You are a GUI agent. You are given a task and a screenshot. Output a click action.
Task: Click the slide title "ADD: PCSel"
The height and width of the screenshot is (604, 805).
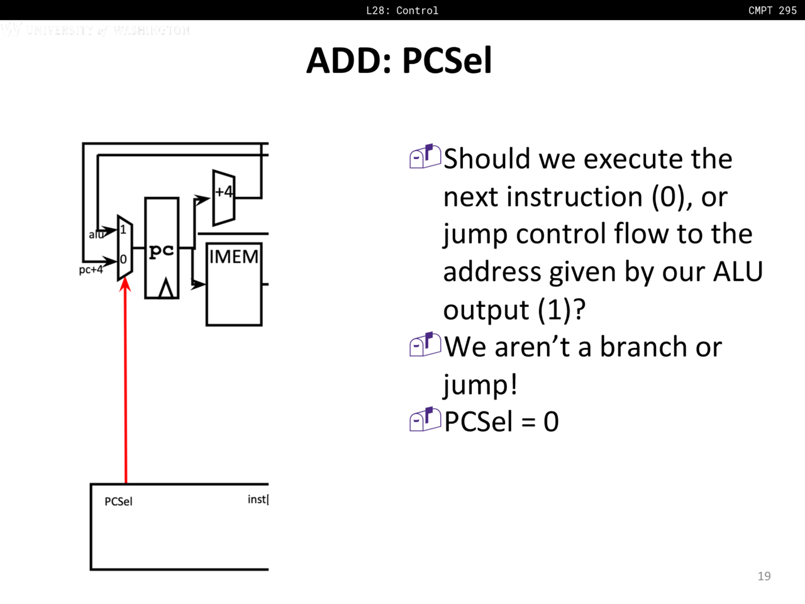pyautogui.click(x=399, y=60)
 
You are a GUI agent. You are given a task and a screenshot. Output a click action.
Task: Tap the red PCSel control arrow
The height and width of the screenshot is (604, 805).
pyautogui.click(x=126, y=377)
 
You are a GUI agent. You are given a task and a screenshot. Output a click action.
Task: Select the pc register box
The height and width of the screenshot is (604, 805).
pyautogui.click(x=162, y=248)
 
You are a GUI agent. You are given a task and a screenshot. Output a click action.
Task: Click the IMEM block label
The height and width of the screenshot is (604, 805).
pyautogui.click(x=233, y=257)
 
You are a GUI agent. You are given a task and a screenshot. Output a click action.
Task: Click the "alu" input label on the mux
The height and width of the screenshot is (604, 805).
pyautogui.click(x=96, y=235)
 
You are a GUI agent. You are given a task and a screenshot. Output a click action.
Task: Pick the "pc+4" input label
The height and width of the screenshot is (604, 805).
pyautogui.click(x=91, y=270)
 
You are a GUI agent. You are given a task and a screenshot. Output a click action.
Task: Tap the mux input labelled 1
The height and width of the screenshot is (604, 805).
pyautogui.click(x=123, y=230)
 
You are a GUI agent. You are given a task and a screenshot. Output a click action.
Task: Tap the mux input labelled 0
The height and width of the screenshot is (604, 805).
pyautogui.click(x=123, y=259)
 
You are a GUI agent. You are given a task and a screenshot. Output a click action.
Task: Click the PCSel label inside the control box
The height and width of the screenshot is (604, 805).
pyautogui.click(x=118, y=501)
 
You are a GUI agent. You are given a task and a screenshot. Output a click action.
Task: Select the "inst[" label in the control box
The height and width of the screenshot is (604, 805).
pyautogui.click(x=258, y=500)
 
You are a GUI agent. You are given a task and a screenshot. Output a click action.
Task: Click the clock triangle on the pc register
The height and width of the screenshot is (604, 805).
pyautogui.click(x=166, y=288)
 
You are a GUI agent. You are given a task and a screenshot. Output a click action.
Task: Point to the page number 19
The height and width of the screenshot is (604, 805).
pyautogui.click(x=764, y=576)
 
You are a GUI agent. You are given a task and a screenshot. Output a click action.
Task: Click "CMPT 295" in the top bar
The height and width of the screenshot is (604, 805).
pyautogui.click(x=772, y=10)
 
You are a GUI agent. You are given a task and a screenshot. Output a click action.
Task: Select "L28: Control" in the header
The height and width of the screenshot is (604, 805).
pyautogui.click(x=402, y=10)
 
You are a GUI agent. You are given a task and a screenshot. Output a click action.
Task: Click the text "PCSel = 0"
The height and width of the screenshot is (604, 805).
pyautogui.click(x=501, y=422)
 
